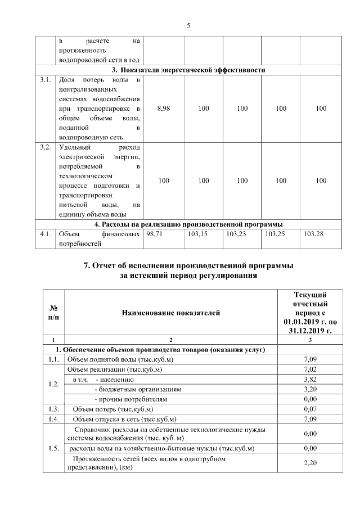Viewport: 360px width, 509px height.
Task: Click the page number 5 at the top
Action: [x=188, y=25]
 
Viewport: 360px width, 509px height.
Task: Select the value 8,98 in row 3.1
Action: [x=164, y=109]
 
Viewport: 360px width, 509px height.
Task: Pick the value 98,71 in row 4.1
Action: [x=154, y=233]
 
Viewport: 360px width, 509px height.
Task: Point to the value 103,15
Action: [x=196, y=233]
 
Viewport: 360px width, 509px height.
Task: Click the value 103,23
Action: [x=237, y=233]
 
